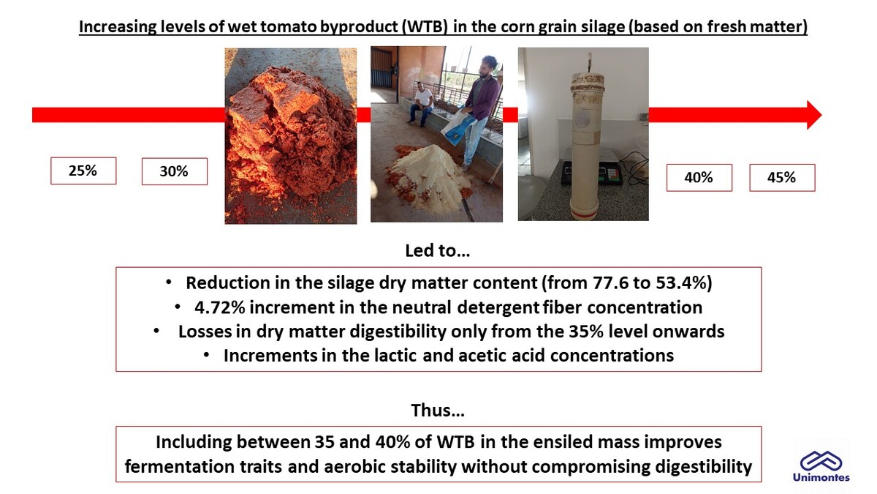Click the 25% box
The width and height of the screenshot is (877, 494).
coord(83,171)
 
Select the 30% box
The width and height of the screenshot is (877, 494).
coord(175,171)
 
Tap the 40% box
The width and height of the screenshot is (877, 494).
coord(699,178)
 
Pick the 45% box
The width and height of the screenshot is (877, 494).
coord(782,178)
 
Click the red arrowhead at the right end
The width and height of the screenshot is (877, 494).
coord(813,115)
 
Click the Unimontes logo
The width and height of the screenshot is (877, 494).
coord(821,465)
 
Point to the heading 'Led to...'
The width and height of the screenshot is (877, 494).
coord(437,250)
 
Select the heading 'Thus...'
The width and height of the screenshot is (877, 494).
coord(438,410)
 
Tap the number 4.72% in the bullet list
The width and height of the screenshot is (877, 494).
coord(220,307)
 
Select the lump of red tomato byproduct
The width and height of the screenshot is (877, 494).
coord(289,130)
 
